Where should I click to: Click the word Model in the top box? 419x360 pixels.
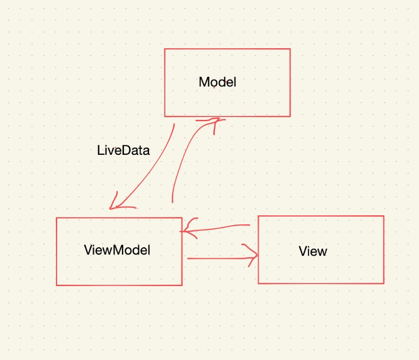pyautogui.click(x=217, y=82)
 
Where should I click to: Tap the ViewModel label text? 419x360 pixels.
pyautogui.click(x=117, y=250)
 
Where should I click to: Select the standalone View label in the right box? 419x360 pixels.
pyautogui.click(x=313, y=251)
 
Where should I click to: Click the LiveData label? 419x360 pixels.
pyautogui.click(x=123, y=150)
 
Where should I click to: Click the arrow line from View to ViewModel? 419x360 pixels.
pyautogui.click(x=218, y=228)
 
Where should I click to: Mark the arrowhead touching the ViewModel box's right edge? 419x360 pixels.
pyautogui.click(x=187, y=229)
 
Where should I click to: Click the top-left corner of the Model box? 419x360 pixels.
pyautogui.click(x=165, y=49)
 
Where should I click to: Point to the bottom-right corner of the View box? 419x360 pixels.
pyautogui.click(x=384, y=283)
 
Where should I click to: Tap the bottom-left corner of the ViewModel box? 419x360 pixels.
pyautogui.click(x=57, y=285)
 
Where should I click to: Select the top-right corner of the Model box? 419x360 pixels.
pyautogui.click(x=290, y=49)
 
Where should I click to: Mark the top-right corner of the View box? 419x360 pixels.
pyautogui.click(x=384, y=216)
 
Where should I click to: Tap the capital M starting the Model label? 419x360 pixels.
pyautogui.click(x=203, y=82)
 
